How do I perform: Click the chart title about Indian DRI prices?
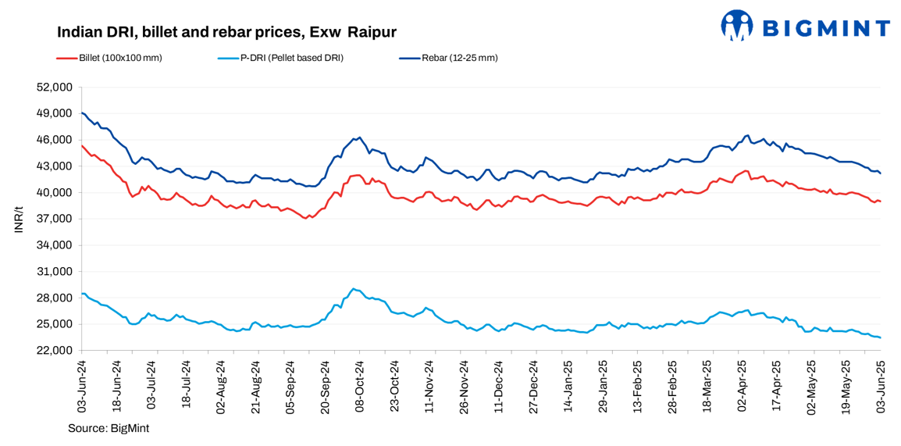(x=226, y=32)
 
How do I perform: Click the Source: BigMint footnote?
(x=109, y=428)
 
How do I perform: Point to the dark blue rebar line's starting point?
(x=82, y=112)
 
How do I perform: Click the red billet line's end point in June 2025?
(x=881, y=202)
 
